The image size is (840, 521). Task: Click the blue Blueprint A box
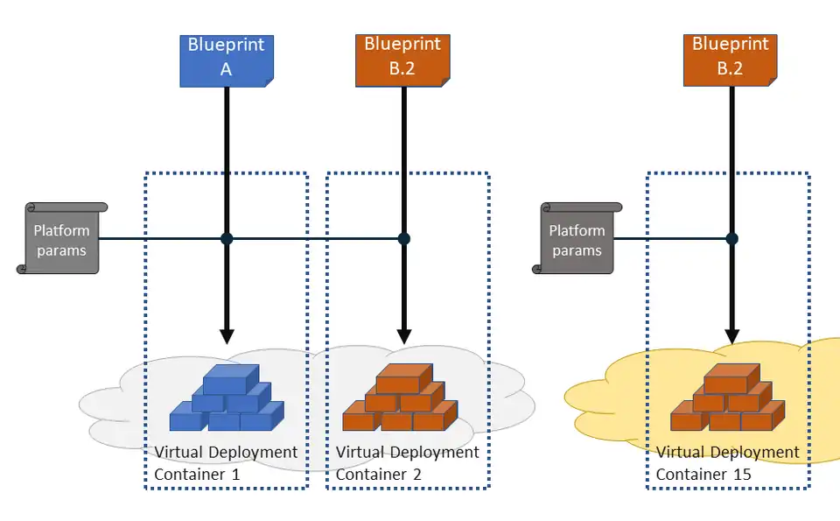[227, 60]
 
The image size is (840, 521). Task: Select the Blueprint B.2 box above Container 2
[402, 60]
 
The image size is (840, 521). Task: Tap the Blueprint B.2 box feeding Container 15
[731, 60]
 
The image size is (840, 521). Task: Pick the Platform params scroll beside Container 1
[61, 239]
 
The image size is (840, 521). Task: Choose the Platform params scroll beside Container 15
[577, 239]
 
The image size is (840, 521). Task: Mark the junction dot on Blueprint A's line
[227, 238]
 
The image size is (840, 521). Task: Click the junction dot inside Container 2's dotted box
[403, 238]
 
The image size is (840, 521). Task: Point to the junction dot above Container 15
[732, 238]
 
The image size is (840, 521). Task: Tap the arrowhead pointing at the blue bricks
[227, 335]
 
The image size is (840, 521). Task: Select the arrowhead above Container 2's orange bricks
[403, 335]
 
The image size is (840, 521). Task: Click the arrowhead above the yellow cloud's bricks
[732, 335]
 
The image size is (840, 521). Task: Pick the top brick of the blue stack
[231, 379]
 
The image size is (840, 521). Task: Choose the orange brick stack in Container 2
[400, 398]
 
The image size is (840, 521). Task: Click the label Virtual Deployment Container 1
[226, 463]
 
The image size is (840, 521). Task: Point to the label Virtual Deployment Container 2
[407, 463]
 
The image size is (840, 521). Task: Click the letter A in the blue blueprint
[226, 70]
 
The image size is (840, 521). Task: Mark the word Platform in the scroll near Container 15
[577, 230]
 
